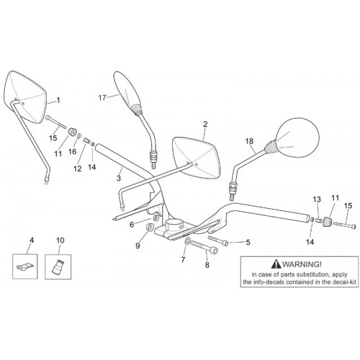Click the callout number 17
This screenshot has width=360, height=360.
tap(102, 98)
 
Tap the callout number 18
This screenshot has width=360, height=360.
tap(249, 141)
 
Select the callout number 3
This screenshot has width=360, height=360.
tap(119, 179)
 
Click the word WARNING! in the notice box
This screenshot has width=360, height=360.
tap(302, 264)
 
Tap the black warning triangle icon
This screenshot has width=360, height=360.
tap(276, 264)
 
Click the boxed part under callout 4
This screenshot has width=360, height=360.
tap(25, 266)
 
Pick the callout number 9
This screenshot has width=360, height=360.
tap(138, 246)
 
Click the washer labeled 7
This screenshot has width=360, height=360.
tap(187, 241)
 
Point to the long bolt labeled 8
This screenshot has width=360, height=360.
tap(204, 247)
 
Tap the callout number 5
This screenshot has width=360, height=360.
tap(248, 242)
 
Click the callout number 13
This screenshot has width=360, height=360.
tap(317, 199)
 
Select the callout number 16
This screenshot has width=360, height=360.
tap(72, 151)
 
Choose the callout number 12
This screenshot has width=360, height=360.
tap(78, 168)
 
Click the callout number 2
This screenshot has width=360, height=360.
tap(205, 124)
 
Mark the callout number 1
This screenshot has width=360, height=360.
tap(58, 100)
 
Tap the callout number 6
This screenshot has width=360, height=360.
tap(132, 225)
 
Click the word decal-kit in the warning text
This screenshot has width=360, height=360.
tap(344, 282)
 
